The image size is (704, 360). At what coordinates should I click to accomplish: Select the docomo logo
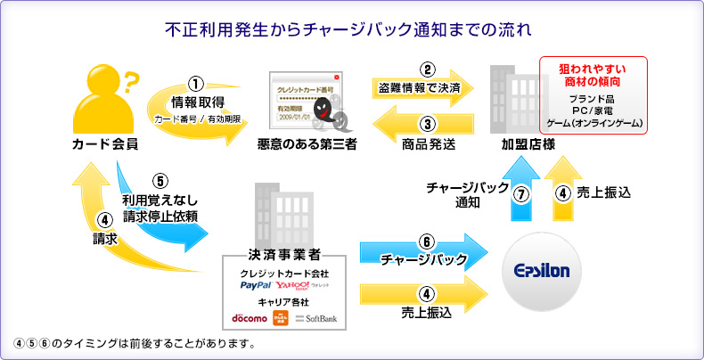[250, 318]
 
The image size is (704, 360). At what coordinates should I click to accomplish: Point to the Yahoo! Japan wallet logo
[302, 285]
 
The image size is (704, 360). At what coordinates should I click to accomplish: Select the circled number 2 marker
[428, 70]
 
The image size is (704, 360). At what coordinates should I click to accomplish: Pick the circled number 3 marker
[428, 125]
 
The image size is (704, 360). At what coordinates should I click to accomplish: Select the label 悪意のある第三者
[307, 143]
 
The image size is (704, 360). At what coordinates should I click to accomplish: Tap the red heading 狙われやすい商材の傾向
[591, 74]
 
